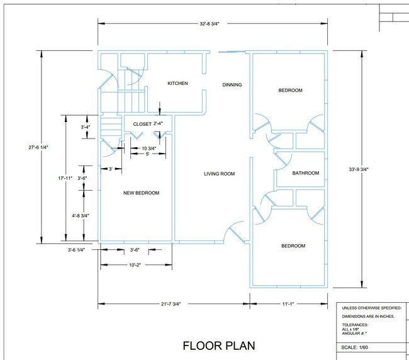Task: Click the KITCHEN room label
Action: tap(177, 83)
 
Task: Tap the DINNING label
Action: tap(232, 85)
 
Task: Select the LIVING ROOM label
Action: tap(220, 174)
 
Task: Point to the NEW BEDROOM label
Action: tap(141, 193)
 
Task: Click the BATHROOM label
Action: tap(306, 173)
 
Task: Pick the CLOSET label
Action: tap(142, 124)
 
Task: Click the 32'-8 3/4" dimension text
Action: tap(210, 24)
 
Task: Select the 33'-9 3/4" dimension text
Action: tap(359, 169)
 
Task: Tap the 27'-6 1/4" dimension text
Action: tap(38, 147)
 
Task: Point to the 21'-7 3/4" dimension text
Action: tap(171, 304)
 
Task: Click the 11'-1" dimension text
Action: tap(288, 304)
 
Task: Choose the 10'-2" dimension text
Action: tap(135, 265)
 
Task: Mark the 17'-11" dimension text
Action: tap(65, 179)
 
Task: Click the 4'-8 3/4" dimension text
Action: tap(81, 216)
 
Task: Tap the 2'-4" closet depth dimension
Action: tap(158, 123)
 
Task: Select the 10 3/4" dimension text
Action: tap(149, 149)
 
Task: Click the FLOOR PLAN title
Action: tap(219, 346)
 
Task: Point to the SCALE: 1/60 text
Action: tap(354, 347)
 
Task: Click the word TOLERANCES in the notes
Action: tap(355, 325)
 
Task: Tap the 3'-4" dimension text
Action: tap(86, 127)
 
